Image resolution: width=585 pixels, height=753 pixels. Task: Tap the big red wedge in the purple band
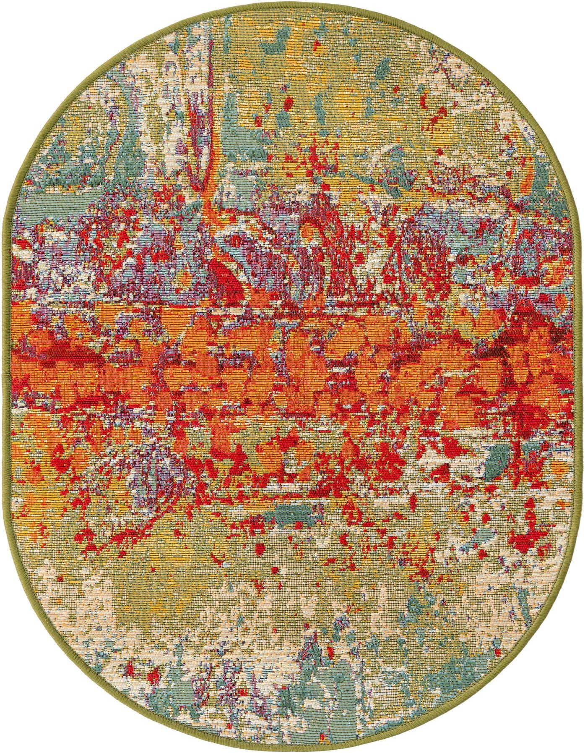pos(233,277)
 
